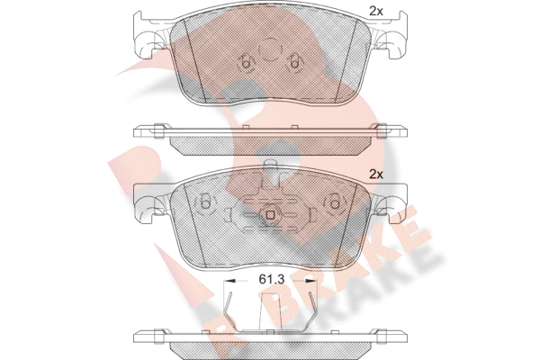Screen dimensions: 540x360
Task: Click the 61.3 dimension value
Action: [271, 280]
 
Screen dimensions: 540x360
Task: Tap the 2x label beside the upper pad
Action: [375, 12]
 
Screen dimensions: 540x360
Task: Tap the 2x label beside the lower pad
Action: [375, 175]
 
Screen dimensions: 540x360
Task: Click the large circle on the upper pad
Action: [270, 49]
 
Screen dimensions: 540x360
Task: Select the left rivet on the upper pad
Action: [246, 62]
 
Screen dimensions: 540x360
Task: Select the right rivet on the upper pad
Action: [294, 62]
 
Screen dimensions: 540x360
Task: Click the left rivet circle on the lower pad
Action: [205, 202]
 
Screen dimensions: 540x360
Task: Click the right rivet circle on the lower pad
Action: [335, 202]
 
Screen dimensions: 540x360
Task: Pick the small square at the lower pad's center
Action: [270, 215]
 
